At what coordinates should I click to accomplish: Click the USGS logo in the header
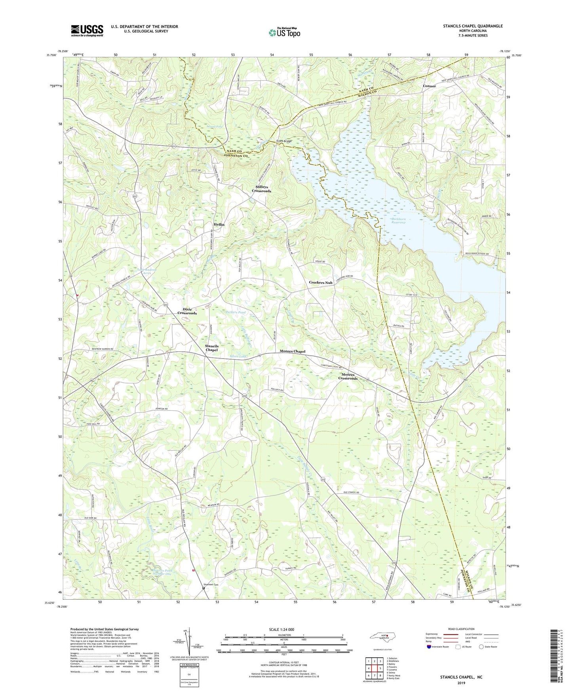(x=87, y=30)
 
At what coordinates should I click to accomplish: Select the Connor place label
(x=429, y=86)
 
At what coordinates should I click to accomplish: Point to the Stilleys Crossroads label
(x=262, y=188)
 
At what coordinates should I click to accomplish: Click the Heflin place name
(x=219, y=224)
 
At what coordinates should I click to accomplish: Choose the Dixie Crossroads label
(x=187, y=311)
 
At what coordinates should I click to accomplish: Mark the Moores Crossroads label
(x=348, y=376)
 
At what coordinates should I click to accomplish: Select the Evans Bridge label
(x=284, y=141)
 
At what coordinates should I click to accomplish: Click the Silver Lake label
(x=238, y=357)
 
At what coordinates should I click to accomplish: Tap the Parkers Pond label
(x=236, y=312)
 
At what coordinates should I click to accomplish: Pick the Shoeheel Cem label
(x=211, y=584)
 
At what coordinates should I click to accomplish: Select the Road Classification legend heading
(x=461, y=629)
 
